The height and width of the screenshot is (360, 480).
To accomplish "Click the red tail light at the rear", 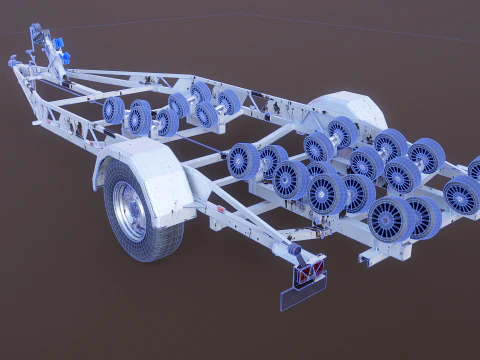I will [309, 268].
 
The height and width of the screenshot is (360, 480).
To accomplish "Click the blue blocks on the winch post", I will [60, 48].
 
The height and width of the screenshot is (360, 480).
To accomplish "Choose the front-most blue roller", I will [113, 109].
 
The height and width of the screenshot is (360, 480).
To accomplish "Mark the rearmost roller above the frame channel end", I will [389, 220].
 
